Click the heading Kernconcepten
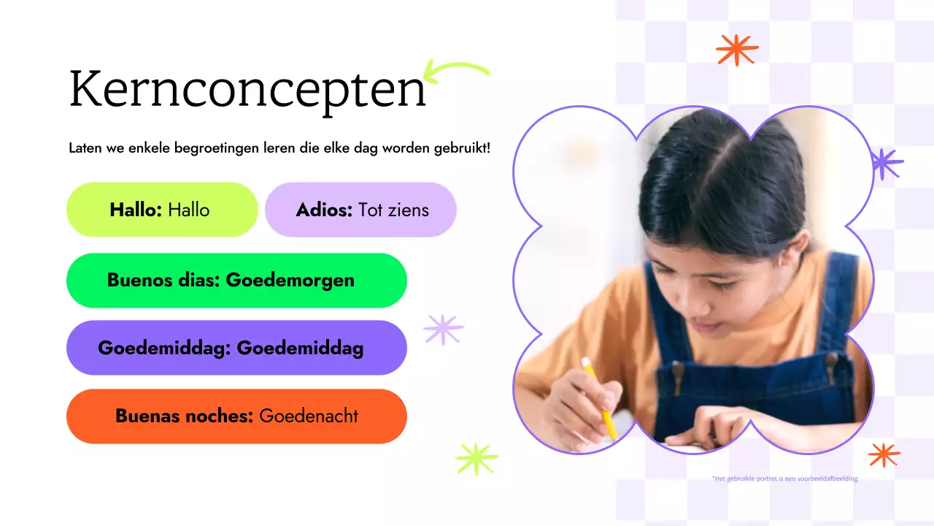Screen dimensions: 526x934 [247, 90]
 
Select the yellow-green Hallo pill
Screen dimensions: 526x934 [162, 210]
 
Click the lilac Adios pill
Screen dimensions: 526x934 [360, 210]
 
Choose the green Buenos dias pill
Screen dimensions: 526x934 [236, 281]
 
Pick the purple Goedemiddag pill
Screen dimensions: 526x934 [236, 348]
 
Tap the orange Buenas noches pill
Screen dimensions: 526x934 [236, 416]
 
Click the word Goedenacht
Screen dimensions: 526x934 [309, 416]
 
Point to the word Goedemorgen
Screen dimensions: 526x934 [290, 281]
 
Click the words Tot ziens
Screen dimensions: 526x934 [393, 210]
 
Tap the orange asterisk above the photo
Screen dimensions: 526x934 [737, 50]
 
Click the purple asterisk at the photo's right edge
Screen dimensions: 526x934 [886, 164]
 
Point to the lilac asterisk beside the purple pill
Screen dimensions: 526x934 [444, 329]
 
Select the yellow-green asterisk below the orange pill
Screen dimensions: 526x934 [476, 459]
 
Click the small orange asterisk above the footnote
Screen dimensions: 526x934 [884, 454]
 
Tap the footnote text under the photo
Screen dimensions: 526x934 [784, 479]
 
